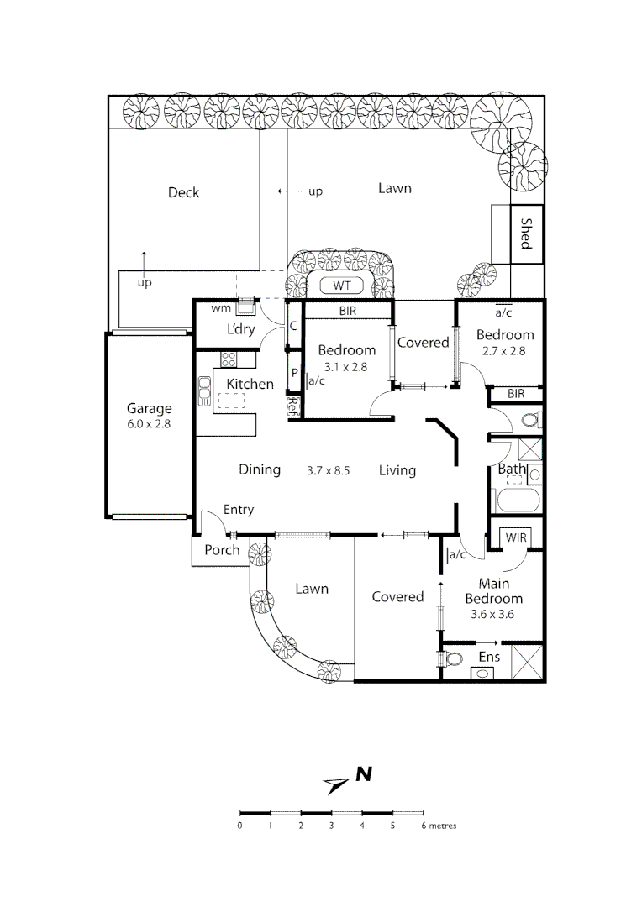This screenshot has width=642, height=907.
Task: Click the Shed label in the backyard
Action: [x=526, y=234]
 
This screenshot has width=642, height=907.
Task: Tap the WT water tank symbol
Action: [x=341, y=286]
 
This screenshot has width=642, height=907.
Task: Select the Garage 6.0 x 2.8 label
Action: [x=149, y=417]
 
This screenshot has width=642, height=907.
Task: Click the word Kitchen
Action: [x=250, y=384]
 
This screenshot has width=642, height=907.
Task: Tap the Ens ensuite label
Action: [x=489, y=657]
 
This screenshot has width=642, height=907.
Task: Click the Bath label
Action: [x=511, y=469]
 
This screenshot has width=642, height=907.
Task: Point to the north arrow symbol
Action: [x=336, y=784]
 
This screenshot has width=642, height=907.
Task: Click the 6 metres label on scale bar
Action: [x=438, y=826]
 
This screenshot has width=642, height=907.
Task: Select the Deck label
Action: [x=183, y=192]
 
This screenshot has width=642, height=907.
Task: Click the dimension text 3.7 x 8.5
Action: [x=328, y=470]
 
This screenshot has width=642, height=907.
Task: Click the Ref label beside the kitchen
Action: [x=293, y=407]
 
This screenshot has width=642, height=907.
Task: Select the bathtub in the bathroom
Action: [x=517, y=502]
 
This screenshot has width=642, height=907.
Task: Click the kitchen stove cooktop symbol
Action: [x=229, y=359]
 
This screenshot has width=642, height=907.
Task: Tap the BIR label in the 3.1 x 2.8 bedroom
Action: [x=347, y=311]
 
